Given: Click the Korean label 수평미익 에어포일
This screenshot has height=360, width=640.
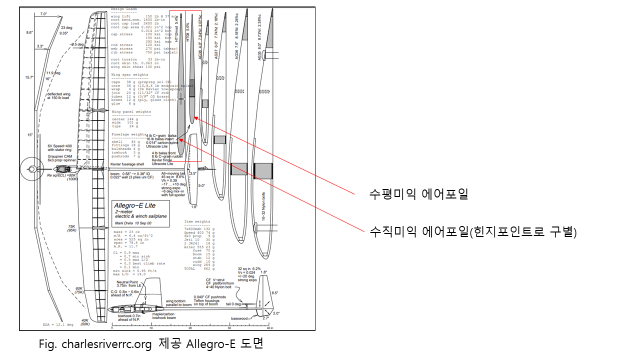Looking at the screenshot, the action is tap(418, 194).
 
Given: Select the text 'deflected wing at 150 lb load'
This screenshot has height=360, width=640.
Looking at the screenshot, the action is tap(61, 96).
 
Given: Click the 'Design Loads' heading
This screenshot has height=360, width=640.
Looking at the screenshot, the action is tap(124, 9).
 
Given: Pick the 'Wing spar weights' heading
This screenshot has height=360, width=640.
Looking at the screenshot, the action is tap(129, 74).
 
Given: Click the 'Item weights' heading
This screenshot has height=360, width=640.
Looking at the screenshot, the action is tap(197, 221).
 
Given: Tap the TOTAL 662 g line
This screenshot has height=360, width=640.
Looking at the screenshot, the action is tap(197, 268).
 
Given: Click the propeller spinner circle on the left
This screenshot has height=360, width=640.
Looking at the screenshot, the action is tap(32, 169).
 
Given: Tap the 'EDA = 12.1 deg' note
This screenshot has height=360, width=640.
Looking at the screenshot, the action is tap(58, 325).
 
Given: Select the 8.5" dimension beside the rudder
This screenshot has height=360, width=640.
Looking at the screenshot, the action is tap(275, 293).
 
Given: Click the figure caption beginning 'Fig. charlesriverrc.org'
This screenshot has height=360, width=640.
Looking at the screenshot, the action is tap(150, 344).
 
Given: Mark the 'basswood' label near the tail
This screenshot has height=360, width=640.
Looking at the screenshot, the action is tap(239, 318).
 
